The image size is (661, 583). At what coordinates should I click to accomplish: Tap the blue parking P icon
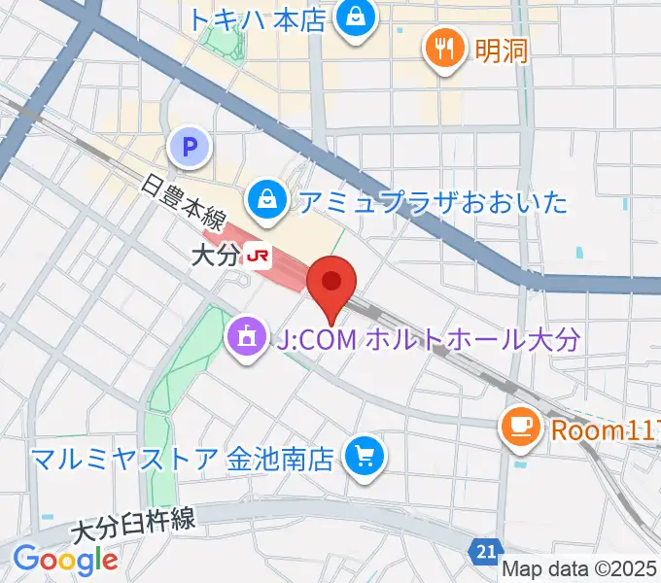[191, 148]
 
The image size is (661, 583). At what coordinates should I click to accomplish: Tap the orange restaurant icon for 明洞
[445, 48]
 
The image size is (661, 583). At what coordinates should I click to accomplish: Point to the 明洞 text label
[502, 49]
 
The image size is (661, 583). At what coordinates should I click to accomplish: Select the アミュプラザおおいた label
[432, 202]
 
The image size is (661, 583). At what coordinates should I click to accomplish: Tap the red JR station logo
[258, 256]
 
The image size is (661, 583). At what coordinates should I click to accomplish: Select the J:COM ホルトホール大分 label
[429, 339]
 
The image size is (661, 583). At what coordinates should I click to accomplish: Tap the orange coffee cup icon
[519, 426]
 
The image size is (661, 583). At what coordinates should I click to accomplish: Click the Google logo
[65, 560]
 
